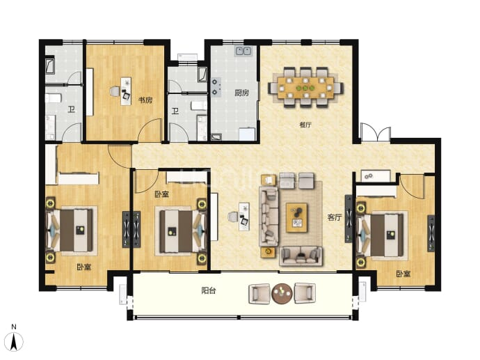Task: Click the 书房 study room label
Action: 145,100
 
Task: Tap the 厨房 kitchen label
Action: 242,93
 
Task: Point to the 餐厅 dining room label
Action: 305,125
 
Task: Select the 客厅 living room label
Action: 335,217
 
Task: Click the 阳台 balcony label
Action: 209,290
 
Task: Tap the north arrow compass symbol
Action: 14,340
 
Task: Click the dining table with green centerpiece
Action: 305,88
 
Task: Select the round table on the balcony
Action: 282,294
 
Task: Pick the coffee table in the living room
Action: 296,218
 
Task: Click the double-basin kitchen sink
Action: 243,51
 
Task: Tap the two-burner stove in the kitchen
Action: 216,87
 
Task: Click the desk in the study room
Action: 126,91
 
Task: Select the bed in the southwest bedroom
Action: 72,230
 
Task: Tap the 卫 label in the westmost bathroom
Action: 71,109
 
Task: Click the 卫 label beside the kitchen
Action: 175,110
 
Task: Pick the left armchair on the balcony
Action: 259,294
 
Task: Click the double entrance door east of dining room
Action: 376,132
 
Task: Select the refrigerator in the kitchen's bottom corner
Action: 247,134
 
